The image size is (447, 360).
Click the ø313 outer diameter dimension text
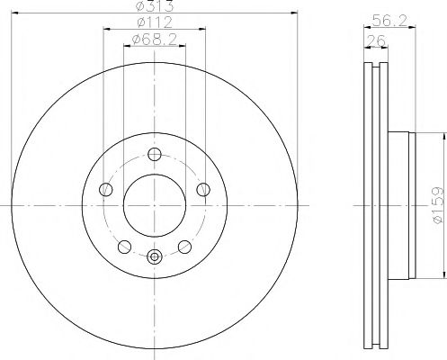155,5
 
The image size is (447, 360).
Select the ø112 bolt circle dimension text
155,22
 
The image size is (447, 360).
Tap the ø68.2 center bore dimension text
155,40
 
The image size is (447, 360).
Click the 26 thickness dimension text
376,40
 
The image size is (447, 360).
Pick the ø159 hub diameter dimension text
437,205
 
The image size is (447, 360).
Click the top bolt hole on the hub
155,155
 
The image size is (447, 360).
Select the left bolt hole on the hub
106,190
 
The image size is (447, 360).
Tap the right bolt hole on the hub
203,190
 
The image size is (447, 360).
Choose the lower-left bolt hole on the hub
125,247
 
